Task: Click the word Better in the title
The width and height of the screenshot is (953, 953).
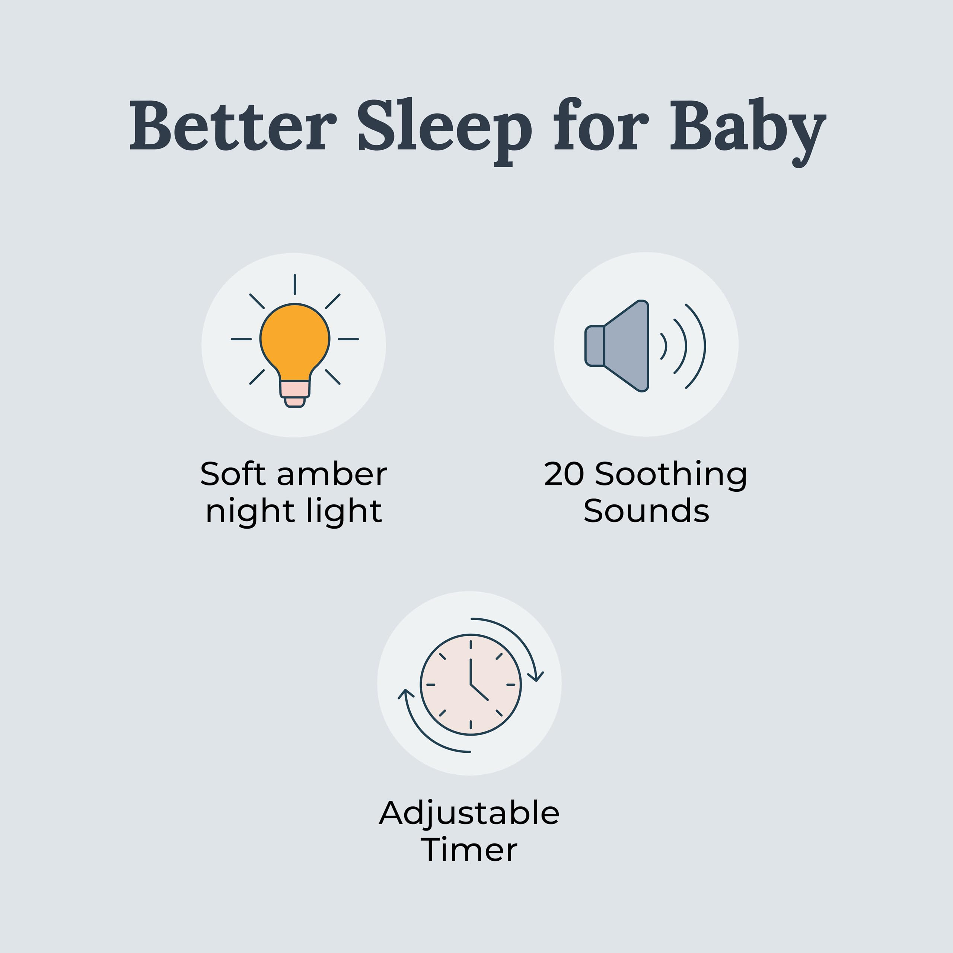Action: click(x=232, y=126)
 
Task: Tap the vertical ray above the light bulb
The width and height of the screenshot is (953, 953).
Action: click(x=294, y=284)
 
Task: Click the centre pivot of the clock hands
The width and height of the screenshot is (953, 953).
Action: click(x=471, y=685)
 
